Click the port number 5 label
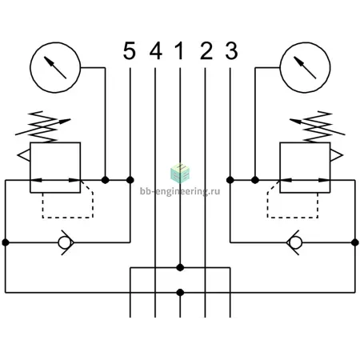click(130, 50)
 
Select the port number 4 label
click(156, 50)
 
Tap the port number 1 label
click(179, 50)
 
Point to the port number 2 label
click(206, 50)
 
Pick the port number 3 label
click(231, 50)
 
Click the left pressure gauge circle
click(55, 42)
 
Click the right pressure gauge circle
click(305, 42)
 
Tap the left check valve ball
click(65, 242)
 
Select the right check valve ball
click(295, 242)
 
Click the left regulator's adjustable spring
click(42, 127)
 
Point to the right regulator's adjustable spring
click(318, 127)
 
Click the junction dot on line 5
click(130, 180)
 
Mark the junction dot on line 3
click(230, 180)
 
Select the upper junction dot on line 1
click(180, 267)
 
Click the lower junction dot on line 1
click(180, 293)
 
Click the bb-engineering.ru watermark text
click(180, 191)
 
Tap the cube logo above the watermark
click(180, 173)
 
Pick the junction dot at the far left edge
click(6, 242)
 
